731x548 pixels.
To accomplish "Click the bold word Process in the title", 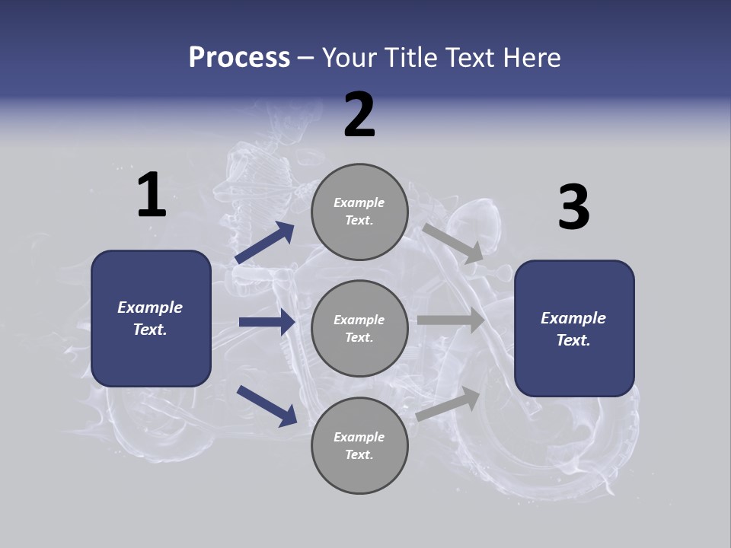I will [x=239, y=58].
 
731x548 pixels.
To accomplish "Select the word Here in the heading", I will [x=530, y=58].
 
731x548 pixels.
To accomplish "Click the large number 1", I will [x=152, y=196].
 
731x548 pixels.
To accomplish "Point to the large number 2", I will [x=359, y=116].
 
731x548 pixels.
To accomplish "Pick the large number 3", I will [x=573, y=209].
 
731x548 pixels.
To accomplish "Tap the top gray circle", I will [x=359, y=212].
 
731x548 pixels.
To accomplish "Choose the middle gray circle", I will [x=359, y=328].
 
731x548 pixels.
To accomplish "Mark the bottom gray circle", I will [x=359, y=445].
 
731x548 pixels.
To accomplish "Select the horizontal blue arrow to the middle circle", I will [x=267, y=322].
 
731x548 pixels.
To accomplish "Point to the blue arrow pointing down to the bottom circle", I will [x=267, y=405].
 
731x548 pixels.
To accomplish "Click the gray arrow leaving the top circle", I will [x=453, y=243].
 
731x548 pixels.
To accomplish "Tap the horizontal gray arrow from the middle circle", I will [x=451, y=320].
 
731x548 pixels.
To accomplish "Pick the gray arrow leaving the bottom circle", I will [x=448, y=404].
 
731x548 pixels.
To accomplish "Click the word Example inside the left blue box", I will [x=150, y=307].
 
